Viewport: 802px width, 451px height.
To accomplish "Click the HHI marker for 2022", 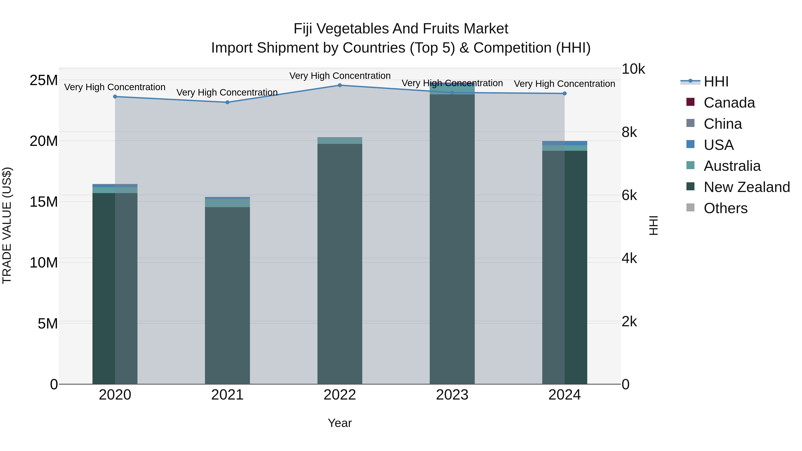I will pos(340,85).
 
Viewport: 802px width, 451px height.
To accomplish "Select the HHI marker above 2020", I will pos(115,96).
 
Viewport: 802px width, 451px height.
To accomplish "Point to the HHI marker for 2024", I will pos(565,93).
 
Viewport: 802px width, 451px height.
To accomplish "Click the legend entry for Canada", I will pos(729,103).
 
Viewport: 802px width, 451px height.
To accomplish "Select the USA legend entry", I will pos(718,145).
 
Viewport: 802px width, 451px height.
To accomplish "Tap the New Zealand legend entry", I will pos(746,187).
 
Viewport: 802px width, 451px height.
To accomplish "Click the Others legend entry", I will pos(725,208).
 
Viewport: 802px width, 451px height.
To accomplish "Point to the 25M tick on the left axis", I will pos(44,80).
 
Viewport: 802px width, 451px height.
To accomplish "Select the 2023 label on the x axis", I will pos(452,395).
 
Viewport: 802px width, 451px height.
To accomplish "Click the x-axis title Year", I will pos(340,423).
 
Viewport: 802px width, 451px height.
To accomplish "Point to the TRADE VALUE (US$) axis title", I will pos(7,225).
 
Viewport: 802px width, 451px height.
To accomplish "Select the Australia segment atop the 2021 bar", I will pos(227,203).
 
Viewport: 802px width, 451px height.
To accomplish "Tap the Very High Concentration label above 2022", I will pos(340,76).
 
